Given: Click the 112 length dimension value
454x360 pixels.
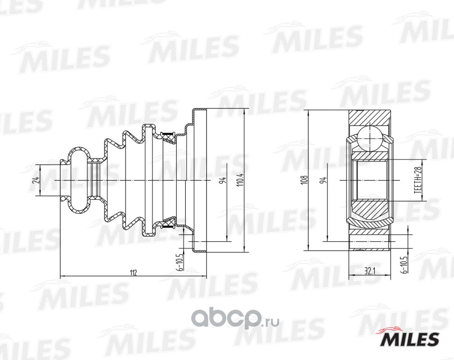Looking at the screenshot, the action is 133,272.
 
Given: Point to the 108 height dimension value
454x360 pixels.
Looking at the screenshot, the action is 304,180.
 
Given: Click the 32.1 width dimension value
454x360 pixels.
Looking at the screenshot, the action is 369,272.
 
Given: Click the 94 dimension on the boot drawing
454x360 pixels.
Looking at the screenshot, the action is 223,180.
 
